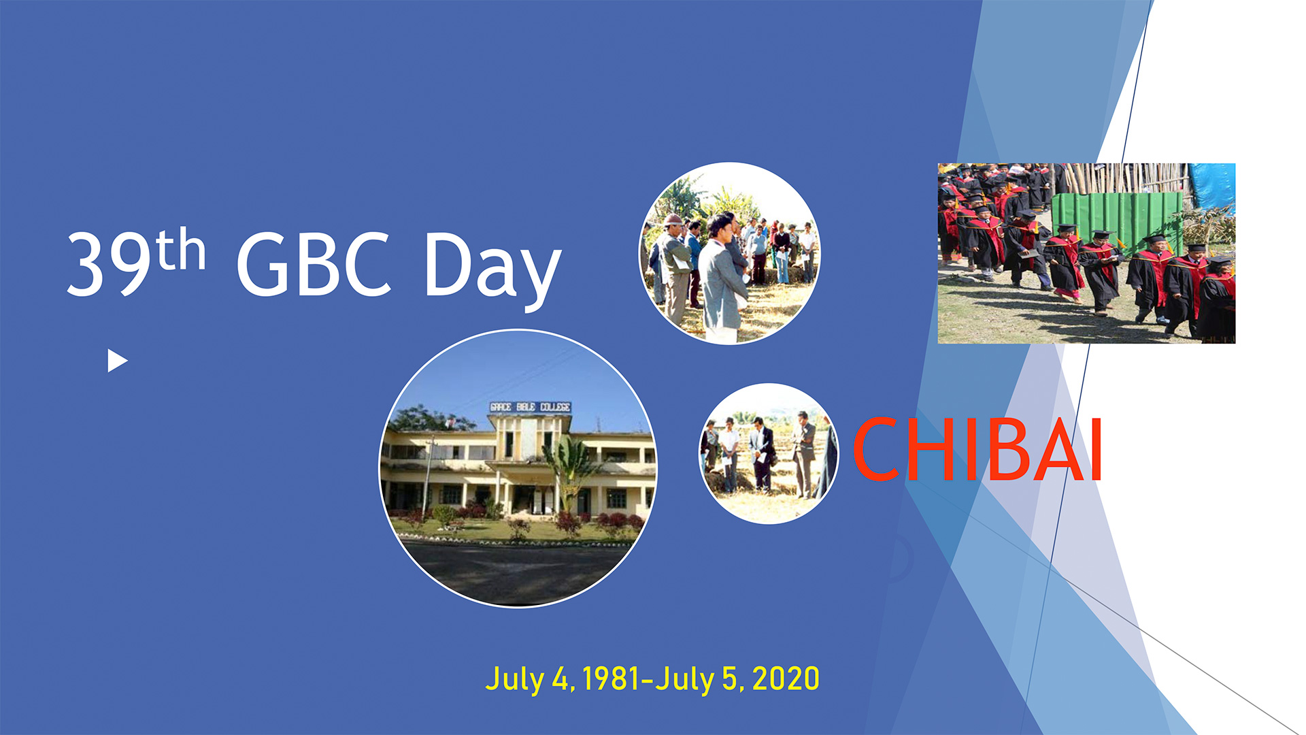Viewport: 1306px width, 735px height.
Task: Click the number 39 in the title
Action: point(109,264)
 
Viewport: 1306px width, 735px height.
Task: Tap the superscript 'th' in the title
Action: point(181,250)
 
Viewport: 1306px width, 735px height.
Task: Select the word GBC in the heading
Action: point(314,264)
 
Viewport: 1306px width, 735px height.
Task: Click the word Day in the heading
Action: point(492,269)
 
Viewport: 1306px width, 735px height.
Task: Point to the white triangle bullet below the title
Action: point(117,361)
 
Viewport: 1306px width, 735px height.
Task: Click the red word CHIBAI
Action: point(977,450)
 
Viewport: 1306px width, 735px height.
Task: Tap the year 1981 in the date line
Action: point(611,679)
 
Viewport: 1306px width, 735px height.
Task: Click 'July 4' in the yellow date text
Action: point(526,679)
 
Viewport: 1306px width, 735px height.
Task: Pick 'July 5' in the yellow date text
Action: point(696,679)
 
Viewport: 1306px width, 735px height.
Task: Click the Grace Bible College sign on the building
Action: point(530,407)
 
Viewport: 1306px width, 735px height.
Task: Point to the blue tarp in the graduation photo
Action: point(1211,186)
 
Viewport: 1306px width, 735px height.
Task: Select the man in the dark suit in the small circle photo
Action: point(762,455)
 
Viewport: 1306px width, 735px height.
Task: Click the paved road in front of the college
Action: point(517,572)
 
